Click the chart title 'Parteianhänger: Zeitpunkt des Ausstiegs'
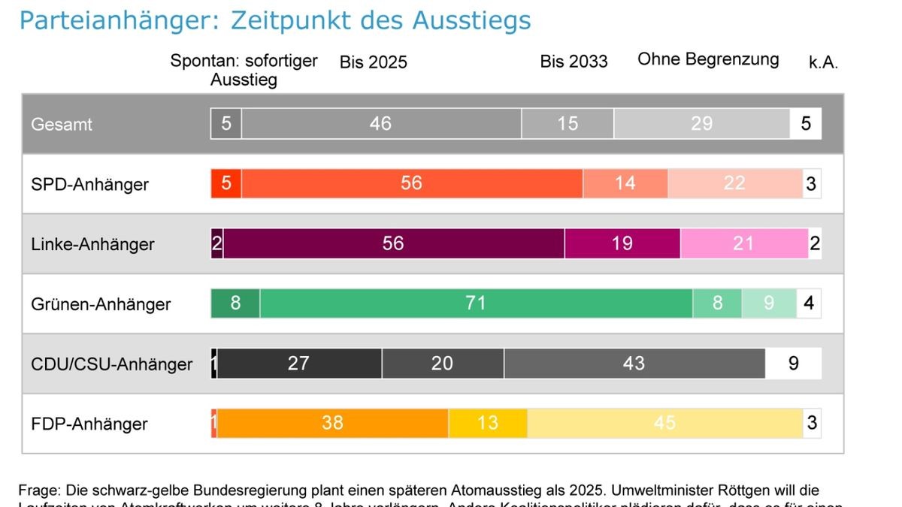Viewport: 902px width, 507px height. click(275, 20)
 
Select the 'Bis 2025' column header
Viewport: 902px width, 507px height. click(373, 62)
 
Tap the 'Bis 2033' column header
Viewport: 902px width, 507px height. click(574, 62)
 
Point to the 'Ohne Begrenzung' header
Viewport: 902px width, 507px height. click(708, 60)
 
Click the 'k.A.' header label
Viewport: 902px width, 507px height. click(823, 63)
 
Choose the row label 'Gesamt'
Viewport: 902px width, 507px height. click(62, 124)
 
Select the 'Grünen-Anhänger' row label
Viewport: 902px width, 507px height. click(101, 304)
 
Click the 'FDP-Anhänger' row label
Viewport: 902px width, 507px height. click(89, 424)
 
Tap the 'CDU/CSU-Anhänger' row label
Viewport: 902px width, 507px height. click(111, 364)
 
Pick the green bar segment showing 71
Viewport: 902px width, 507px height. click(476, 303)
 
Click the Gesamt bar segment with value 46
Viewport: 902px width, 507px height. click(380, 124)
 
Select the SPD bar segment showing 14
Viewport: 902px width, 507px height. click(625, 183)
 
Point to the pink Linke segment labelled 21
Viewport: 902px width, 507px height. click(743, 243)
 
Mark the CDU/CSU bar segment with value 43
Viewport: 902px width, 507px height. click(634, 364)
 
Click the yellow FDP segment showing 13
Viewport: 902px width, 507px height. click(488, 424)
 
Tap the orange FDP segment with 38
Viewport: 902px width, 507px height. click(332, 424)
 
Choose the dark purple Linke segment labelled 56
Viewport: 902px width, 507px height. click(393, 243)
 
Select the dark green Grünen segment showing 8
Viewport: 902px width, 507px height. click(235, 303)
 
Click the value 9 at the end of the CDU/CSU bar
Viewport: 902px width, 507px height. click(793, 364)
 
